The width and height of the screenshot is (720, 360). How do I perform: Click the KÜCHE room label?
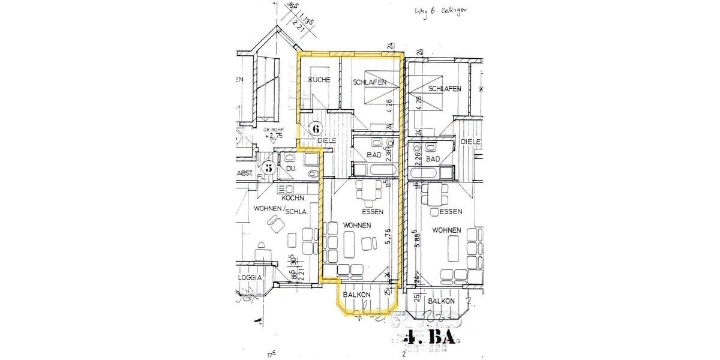[x=319, y=80]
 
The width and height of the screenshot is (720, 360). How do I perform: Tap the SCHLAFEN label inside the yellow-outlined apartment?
[x=369, y=83]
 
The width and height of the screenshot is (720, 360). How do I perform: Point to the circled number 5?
[x=269, y=169]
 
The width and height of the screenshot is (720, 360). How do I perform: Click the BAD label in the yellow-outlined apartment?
[x=374, y=155]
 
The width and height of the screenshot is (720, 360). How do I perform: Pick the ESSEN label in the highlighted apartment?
[x=373, y=212]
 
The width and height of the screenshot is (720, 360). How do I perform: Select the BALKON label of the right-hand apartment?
[x=441, y=301]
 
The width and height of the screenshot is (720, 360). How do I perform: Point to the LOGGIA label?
[x=250, y=278]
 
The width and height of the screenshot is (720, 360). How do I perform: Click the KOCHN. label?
[x=294, y=197]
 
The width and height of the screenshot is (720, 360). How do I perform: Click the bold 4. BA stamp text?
[x=434, y=337]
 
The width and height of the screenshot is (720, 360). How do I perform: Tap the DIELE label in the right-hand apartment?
[x=472, y=142]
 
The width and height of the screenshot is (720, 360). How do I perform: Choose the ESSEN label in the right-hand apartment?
[x=450, y=212]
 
